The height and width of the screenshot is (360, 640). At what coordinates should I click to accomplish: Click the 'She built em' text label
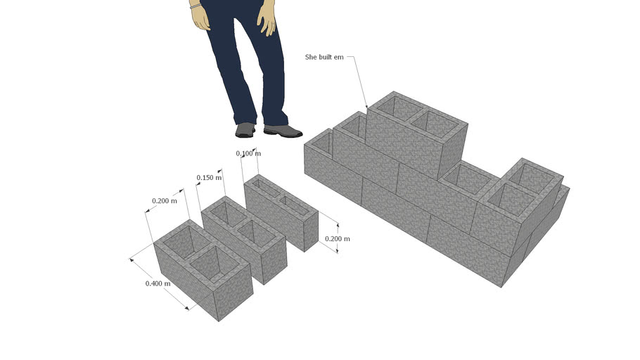click(324, 56)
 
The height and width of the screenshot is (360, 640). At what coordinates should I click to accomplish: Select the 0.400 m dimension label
click(157, 283)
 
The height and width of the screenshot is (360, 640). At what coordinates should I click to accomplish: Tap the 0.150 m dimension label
click(209, 178)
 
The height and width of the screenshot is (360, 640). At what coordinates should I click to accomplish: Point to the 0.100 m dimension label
click(248, 153)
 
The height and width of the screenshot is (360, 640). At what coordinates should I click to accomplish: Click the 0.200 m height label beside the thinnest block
click(337, 239)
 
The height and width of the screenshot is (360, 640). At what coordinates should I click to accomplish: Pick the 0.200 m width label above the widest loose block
click(165, 201)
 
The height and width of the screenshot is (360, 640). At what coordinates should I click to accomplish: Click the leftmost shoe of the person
click(245, 130)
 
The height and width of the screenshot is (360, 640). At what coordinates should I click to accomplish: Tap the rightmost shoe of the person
click(283, 131)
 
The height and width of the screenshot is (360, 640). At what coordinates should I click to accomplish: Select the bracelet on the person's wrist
click(196, 6)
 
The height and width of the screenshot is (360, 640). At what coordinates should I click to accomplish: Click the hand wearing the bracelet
click(200, 18)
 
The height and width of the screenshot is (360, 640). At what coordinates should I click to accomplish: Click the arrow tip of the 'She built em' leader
click(366, 108)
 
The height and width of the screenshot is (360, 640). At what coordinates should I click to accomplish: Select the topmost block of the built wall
click(415, 134)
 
